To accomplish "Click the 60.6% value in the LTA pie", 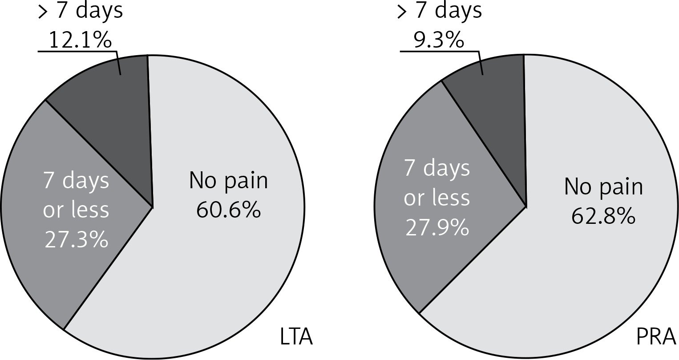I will [228, 210].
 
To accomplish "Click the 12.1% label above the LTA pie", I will [80, 40].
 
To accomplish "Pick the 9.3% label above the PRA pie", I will [439, 40].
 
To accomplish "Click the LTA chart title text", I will [296, 337].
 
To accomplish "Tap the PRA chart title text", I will [656, 337].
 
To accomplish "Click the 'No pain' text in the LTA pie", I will [228, 181].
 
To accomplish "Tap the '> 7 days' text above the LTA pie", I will [81, 11].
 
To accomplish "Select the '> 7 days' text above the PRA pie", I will [440, 11].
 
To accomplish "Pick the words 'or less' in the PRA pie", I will [437, 198].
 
